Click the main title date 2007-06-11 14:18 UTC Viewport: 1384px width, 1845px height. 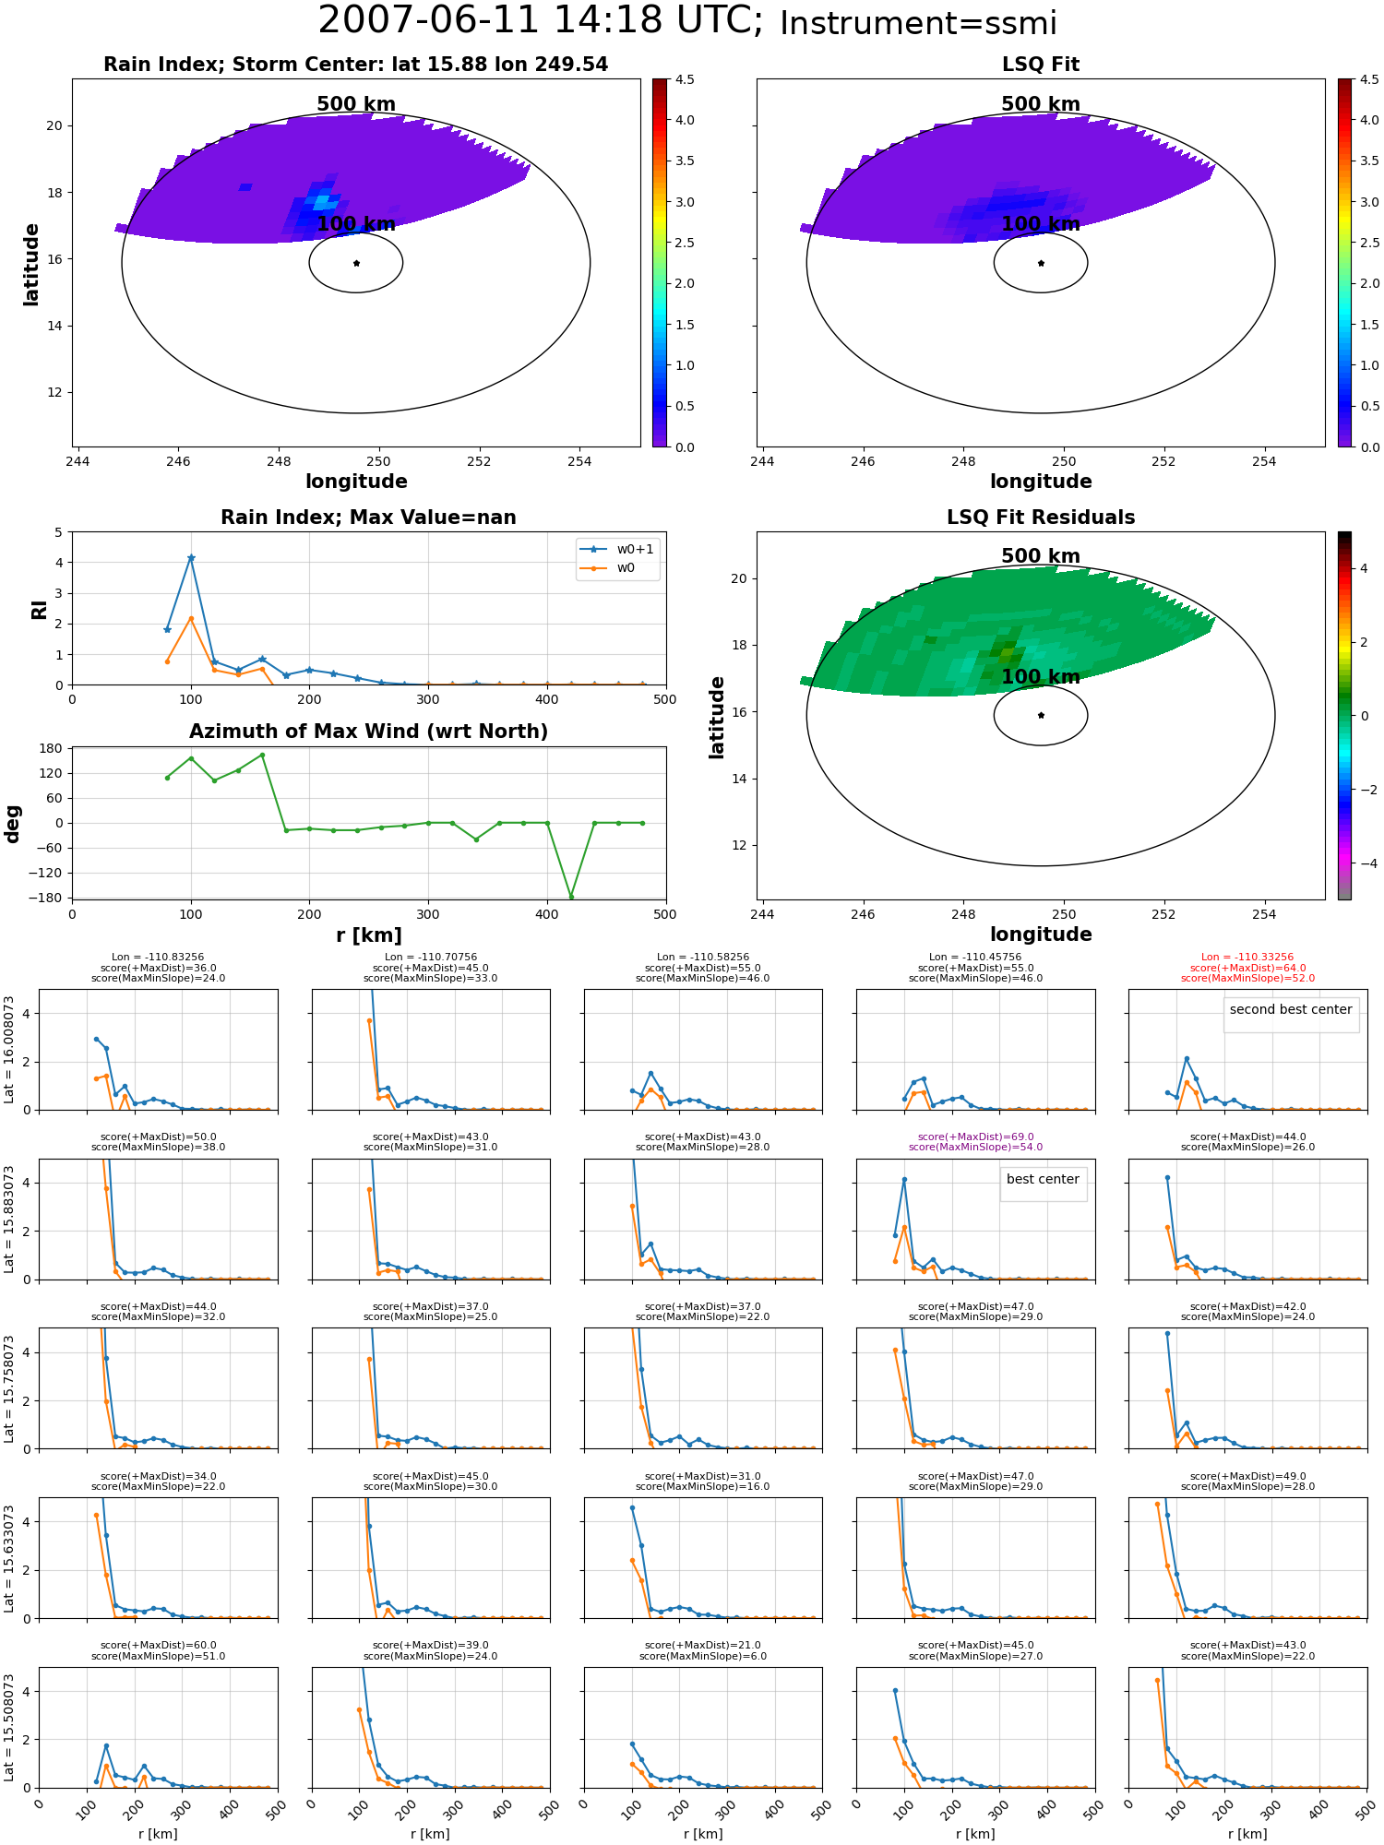click(x=541, y=20)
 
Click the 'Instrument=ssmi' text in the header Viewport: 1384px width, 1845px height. click(x=918, y=23)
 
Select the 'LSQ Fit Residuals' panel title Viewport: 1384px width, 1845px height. click(x=1041, y=518)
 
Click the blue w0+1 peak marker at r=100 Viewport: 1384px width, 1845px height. click(x=191, y=558)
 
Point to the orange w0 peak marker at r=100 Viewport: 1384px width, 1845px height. click(x=191, y=618)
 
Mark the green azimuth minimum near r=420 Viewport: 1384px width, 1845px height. click(x=571, y=897)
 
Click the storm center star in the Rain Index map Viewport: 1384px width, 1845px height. click(x=356, y=263)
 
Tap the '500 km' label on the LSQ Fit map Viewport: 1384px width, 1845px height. click(x=1041, y=104)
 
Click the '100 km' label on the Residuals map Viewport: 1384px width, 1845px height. click(x=1041, y=677)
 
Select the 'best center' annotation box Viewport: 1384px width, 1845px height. click(x=1044, y=1184)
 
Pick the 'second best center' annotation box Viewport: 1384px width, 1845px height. click(x=1291, y=1014)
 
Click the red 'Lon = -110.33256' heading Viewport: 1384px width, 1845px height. click(x=1247, y=958)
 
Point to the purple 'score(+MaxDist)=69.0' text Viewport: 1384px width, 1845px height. click(x=975, y=1137)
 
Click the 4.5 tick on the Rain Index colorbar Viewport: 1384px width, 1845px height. click(x=684, y=79)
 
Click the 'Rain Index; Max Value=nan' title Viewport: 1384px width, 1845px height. click(x=368, y=518)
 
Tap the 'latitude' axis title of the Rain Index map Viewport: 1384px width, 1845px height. click(x=31, y=264)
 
